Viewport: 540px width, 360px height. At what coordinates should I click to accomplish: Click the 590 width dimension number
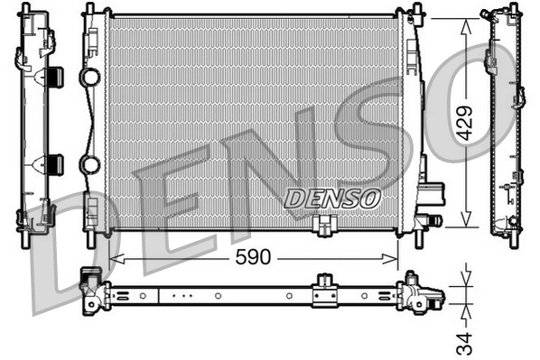pos(254,257)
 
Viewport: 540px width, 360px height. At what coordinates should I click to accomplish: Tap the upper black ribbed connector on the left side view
pos(53,78)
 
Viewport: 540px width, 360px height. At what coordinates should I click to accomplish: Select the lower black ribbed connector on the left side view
pos(53,163)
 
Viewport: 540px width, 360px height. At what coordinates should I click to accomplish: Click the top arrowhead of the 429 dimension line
pos(466,22)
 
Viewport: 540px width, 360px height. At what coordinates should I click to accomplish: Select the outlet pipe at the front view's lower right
pos(431,218)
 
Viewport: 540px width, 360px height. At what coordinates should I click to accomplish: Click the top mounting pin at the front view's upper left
pos(88,10)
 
